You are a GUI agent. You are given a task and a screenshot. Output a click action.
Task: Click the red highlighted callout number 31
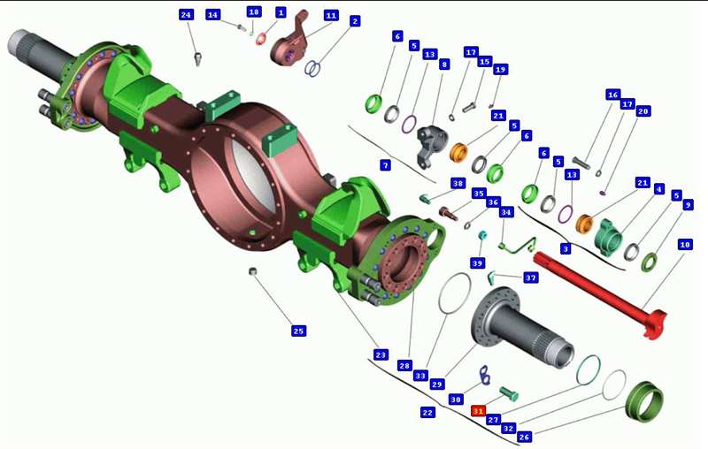(x=478, y=411)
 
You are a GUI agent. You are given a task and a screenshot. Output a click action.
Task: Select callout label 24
(x=186, y=15)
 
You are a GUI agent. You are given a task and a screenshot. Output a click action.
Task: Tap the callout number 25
(x=298, y=331)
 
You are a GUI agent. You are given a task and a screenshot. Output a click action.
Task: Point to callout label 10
(x=685, y=244)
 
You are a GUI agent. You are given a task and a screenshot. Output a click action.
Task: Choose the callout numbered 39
(x=477, y=263)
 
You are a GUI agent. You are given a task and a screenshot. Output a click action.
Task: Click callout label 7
(x=385, y=165)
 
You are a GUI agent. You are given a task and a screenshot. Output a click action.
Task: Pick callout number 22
(x=427, y=412)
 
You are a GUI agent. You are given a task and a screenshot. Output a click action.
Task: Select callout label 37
(x=530, y=278)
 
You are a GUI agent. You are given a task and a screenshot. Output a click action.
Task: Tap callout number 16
(x=612, y=95)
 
